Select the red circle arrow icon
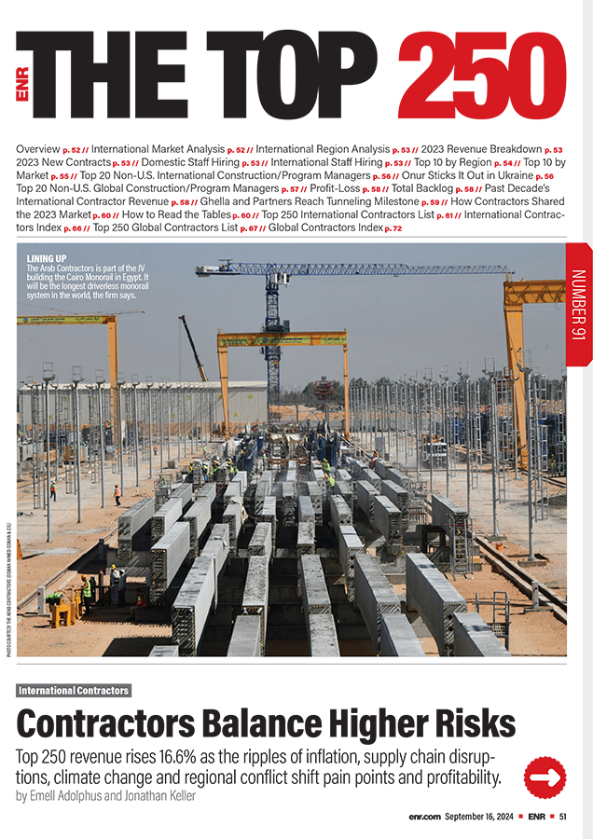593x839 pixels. tap(545, 777)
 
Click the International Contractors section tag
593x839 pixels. tap(74, 691)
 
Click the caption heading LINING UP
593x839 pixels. tap(47, 258)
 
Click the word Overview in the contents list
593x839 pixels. tap(38, 149)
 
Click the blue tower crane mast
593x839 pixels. tap(272, 336)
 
